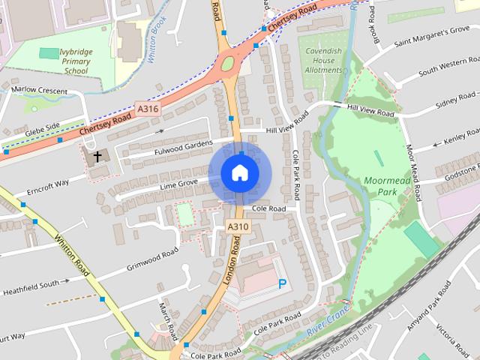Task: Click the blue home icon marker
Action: point(238,173)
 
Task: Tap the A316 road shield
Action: point(148,109)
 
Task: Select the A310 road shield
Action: point(237,226)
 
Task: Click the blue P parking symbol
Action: point(282,283)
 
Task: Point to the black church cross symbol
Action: point(97,157)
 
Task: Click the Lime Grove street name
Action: point(179,183)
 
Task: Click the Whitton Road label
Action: point(72,255)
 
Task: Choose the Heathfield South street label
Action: point(30,287)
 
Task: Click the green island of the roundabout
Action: point(228,64)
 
